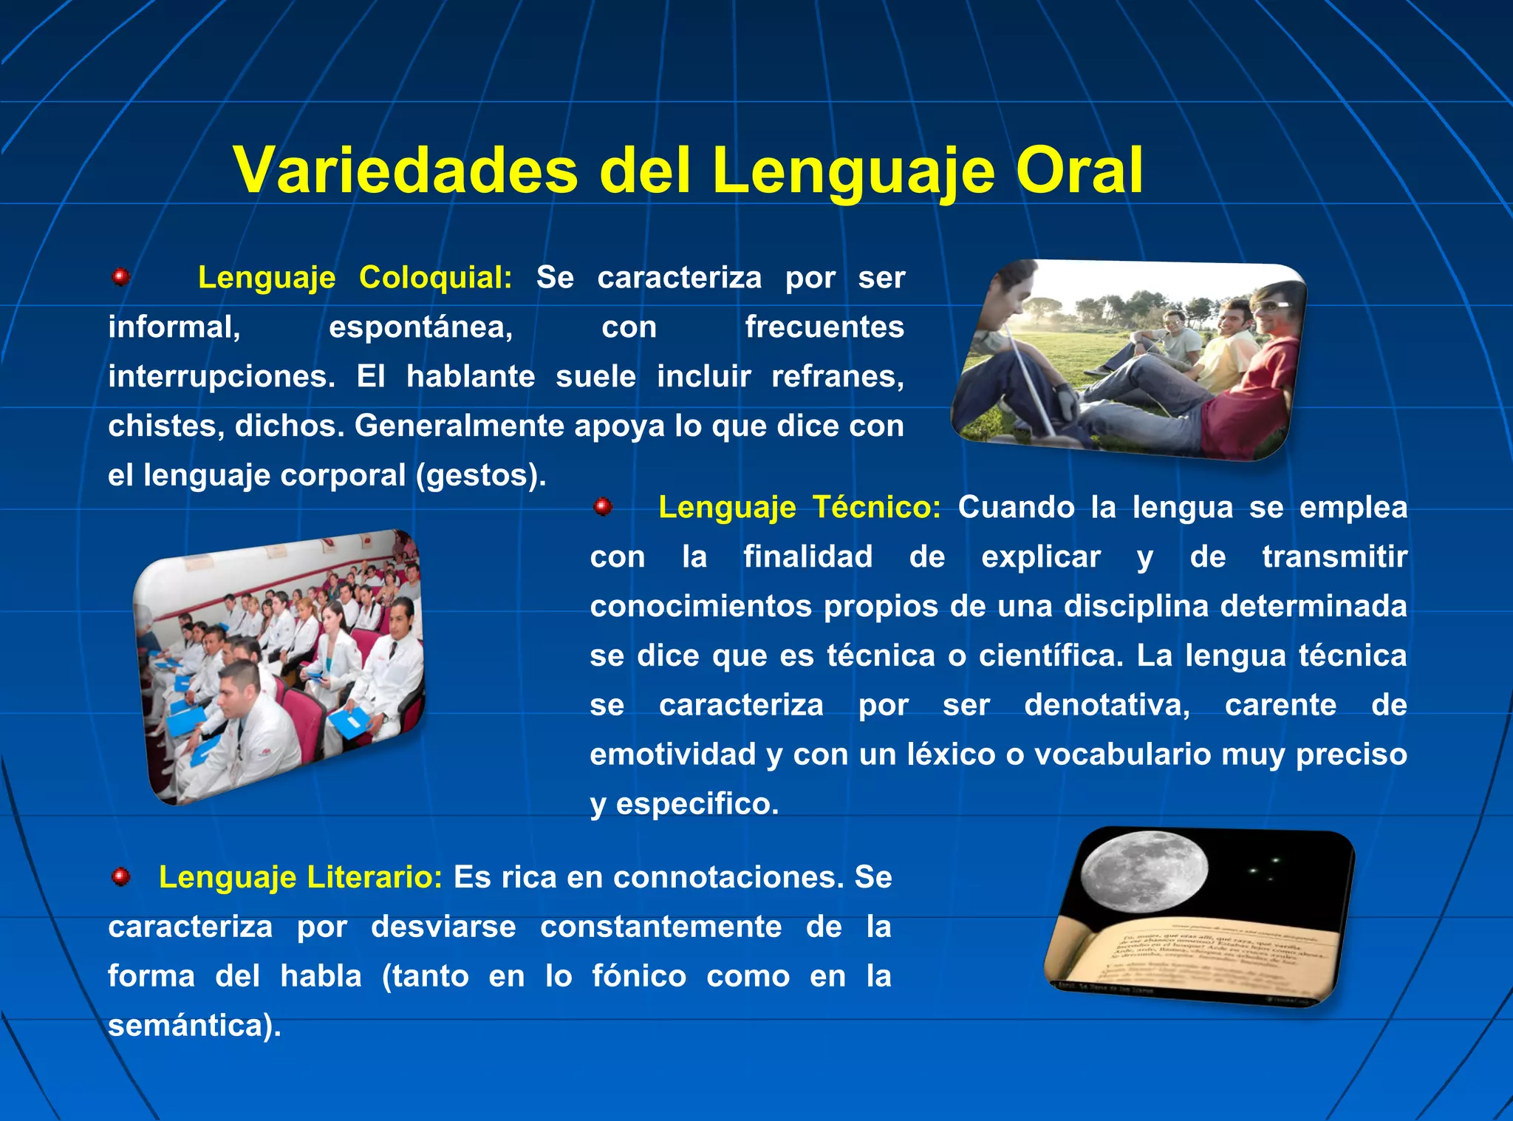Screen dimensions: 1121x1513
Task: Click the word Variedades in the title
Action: tap(405, 171)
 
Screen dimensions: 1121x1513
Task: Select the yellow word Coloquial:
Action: tap(435, 278)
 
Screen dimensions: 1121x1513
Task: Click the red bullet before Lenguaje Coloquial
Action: tap(120, 278)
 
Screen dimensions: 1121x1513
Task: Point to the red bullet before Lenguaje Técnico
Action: tap(603, 507)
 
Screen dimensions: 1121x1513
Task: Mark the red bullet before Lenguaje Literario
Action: tap(120, 877)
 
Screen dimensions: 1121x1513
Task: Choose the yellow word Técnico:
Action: tap(876, 508)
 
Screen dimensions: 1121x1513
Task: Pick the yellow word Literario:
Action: tap(375, 877)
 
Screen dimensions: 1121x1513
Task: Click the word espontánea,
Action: tap(420, 327)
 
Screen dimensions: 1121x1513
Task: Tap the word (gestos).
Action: tap(481, 475)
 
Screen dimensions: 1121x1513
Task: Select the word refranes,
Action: tap(837, 377)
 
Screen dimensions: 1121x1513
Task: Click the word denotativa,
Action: tap(1107, 705)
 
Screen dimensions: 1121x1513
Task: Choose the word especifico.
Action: tap(697, 804)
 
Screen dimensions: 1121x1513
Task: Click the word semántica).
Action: tap(194, 1026)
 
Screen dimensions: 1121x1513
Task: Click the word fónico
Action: tap(639, 976)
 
